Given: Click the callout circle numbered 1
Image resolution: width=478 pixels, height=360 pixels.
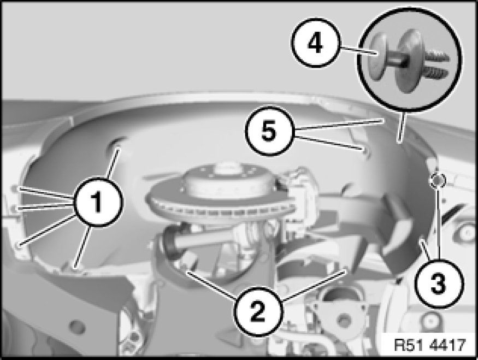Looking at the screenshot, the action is [98, 202].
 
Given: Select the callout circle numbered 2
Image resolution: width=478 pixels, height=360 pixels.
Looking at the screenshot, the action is [258, 311].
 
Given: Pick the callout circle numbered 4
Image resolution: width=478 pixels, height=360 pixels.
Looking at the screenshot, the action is [316, 43].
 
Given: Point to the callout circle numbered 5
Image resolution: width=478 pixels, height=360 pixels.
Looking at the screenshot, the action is [269, 131].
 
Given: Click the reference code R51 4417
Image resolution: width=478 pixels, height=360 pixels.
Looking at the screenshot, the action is [430, 345].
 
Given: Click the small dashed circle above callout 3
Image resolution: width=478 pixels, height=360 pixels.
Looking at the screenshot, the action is [437, 181].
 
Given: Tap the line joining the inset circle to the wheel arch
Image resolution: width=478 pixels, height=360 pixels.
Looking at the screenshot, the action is [400, 127].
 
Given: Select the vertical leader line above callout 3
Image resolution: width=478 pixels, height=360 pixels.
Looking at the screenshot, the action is [438, 223].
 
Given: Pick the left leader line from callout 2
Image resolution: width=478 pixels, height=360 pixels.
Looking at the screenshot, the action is [212, 285].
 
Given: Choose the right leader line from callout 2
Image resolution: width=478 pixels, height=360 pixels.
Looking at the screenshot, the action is [315, 286].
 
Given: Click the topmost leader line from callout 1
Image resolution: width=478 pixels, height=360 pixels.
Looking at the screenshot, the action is [112, 163].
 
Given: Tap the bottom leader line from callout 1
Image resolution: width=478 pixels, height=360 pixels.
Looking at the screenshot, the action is [83, 247].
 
